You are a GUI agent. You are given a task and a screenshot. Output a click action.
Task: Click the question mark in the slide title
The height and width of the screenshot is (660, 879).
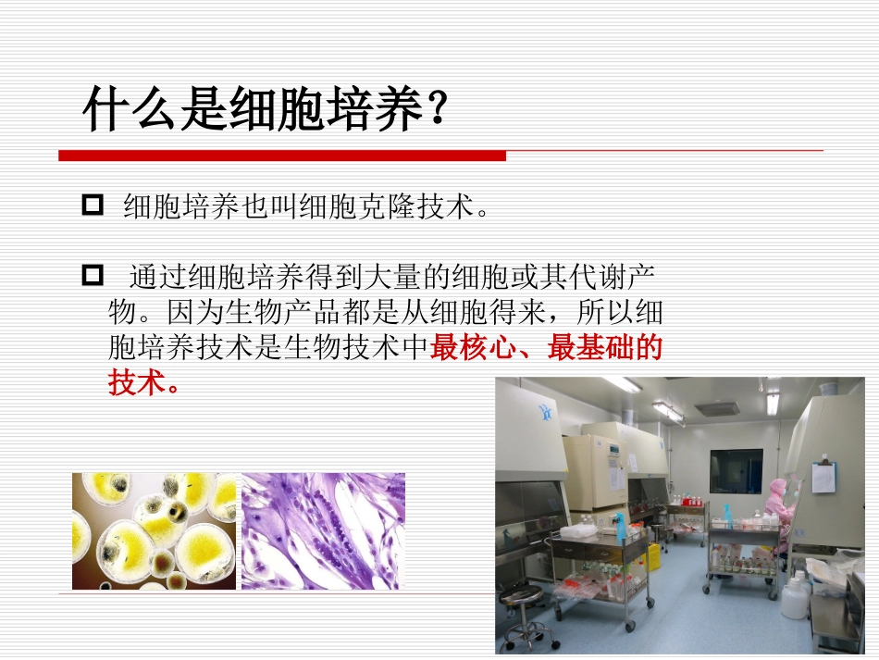click(436, 110)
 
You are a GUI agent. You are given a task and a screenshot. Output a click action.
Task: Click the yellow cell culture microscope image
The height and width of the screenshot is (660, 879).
click(155, 530)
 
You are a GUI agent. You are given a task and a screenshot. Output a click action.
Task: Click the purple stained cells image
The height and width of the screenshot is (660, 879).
click(323, 530)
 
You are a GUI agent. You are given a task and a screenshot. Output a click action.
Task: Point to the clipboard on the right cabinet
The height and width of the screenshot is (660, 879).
click(823, 476)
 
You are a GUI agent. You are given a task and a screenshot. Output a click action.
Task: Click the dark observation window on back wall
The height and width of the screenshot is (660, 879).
click(736, 471)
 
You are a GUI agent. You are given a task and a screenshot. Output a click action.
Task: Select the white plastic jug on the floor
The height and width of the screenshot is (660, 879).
click(794, 597)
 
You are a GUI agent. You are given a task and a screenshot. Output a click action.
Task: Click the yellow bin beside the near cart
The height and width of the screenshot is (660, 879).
click(653, 556)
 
